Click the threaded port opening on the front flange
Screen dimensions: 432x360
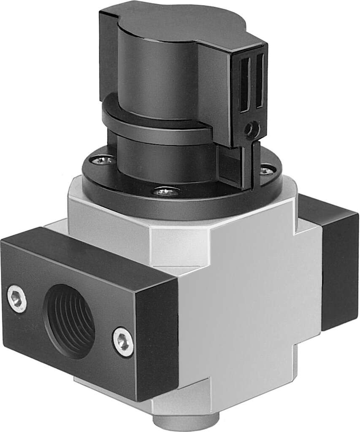tap(70, 321)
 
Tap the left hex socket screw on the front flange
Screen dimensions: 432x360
tap(17, 299)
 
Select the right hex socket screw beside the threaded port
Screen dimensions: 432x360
tap(123, 342)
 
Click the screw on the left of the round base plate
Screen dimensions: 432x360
tap(103, 160)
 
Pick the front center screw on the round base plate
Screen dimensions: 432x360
tap(166, 192)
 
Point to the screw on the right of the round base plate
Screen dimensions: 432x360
tap(266, 170)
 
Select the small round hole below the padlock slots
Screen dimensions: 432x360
tap(252, 129)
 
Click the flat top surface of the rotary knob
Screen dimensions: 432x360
tap(177, 21)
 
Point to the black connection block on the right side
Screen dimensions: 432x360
tap(336, 262)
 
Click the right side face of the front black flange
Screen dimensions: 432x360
tap(156, 337)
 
